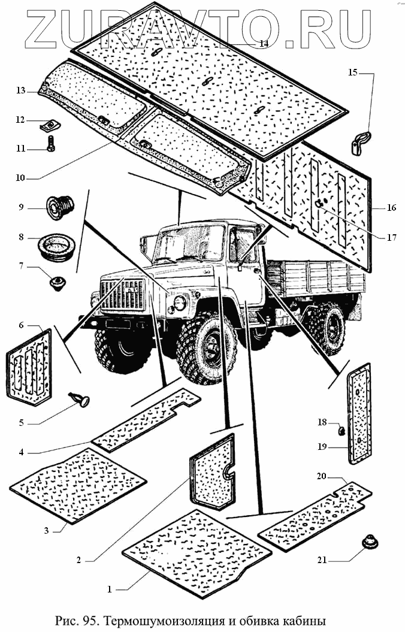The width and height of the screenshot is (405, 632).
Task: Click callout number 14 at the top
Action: pos(264,44)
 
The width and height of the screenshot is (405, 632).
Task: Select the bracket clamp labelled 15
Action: pos(359,144)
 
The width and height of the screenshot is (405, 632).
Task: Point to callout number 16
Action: pos(391,208)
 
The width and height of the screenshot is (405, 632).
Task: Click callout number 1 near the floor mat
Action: pos(109,589)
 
